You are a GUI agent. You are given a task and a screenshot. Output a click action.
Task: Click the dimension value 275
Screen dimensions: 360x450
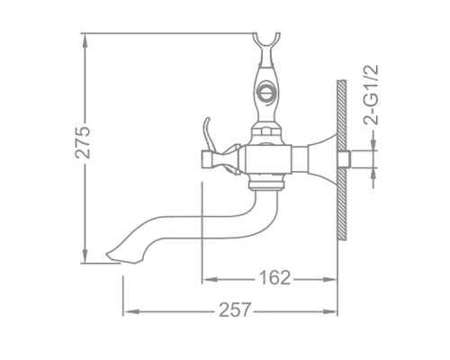[83, 142]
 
